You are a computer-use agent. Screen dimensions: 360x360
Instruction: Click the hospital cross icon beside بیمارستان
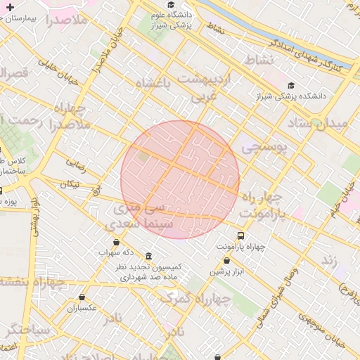tap(9, 6)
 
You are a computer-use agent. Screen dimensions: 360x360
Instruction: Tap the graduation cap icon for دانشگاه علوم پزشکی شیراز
tap(170, 6)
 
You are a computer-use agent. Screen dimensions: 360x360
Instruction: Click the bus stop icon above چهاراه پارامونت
tap(241, 236)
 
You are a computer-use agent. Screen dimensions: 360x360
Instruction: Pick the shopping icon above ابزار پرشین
tap(226, 260)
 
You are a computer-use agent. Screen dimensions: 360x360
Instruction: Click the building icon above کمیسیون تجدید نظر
tap(148, 256)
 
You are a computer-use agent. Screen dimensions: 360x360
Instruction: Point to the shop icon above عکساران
tap(83, 297)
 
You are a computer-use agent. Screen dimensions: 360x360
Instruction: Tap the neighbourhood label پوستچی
tap(263, 148)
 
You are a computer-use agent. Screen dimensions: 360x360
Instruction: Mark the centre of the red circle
tap(180, 180)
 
